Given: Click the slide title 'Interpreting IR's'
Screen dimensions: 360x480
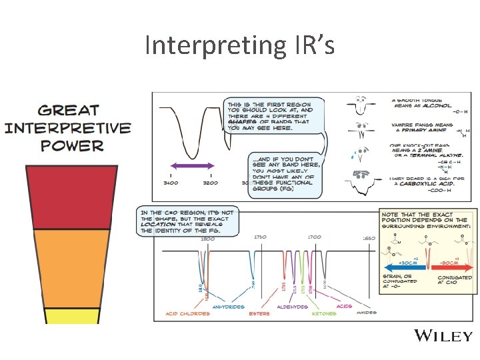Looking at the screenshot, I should coord(239,45).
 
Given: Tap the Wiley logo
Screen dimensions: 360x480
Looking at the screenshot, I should coord(443,335).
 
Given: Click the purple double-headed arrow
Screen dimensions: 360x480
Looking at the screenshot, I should coord(191,165).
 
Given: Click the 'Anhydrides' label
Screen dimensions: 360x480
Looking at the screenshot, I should coord(229,307).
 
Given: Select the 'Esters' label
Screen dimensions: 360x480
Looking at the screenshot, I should coord(260,313).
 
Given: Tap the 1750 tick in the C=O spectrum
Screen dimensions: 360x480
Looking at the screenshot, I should coord(261,237).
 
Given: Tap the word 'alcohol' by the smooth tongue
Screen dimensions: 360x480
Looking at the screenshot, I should coord(435,105).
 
